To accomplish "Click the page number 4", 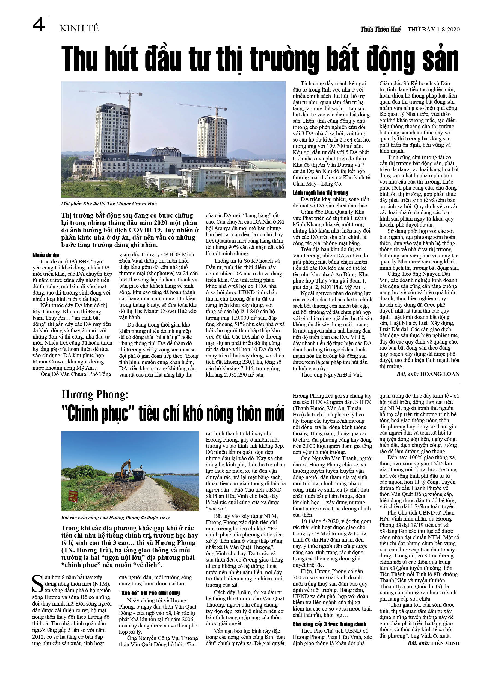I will click(38, 25).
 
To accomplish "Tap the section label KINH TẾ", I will click(79, 28).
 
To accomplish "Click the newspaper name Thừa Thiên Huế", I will click(380, 29).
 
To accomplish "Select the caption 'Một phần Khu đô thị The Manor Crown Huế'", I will click(109, 204).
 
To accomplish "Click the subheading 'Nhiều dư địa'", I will click(46, 255).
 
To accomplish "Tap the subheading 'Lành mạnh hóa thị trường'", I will click(320, 193).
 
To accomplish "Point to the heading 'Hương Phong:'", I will click(95, 395).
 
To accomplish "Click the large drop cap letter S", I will click(38, 584).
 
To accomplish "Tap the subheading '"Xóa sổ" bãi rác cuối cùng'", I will click(149, 593).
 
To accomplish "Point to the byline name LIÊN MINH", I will click(445, 643).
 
